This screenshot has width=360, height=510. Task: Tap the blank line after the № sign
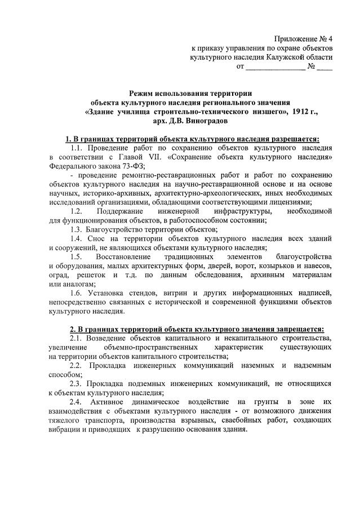click(325, 67)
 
